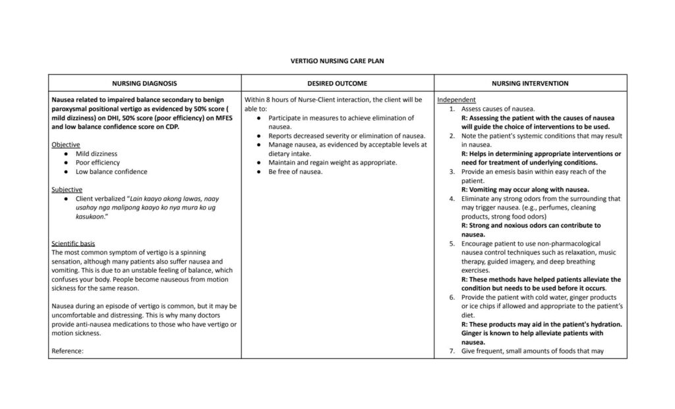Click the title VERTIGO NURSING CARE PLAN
point(337,61)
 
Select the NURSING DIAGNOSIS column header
point(144,84)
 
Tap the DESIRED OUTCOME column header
point(337,84)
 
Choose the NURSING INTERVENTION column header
point(530,84)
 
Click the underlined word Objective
point(66,144)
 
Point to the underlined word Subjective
point(67,189)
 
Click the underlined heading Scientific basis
point(73,243)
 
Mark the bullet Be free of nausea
point(295,171)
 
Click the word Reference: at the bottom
point(67,351)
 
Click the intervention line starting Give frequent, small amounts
point(524,351)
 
